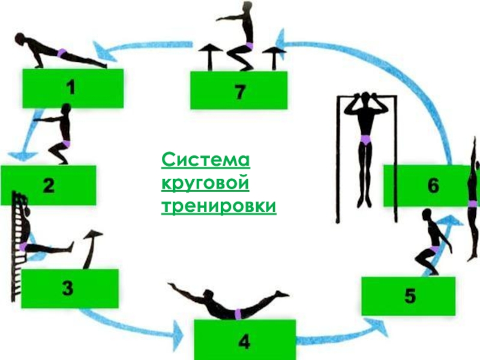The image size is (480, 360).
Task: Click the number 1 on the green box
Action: point(71,89)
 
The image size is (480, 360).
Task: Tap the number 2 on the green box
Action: point(49,186)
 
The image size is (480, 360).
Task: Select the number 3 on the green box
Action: point(68,290)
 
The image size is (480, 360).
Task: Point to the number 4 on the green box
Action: point(244,342)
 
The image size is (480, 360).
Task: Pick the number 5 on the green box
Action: point(410,296)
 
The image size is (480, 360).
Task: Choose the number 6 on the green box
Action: point(433,186)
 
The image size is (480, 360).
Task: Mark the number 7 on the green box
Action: point(239,92)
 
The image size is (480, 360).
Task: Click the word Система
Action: point(206,161)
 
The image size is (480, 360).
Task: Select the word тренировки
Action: point(219,206)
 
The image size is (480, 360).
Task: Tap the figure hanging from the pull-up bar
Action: point(364,144)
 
